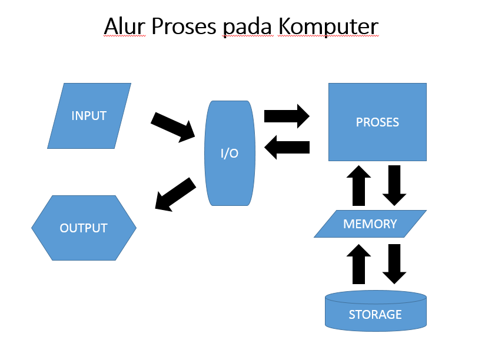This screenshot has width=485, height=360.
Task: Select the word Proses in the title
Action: (x=183, y=26)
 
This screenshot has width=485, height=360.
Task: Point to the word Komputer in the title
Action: (x=328, y=26)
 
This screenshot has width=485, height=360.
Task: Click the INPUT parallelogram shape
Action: (x=89, y=116)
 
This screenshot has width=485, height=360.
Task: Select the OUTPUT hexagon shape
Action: (x=84, y=228)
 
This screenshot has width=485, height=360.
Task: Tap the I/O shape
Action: (x=230, y=154)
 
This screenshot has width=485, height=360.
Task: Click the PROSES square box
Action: (x=377, y=122)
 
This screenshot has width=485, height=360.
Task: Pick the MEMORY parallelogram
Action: (x=370, y=224)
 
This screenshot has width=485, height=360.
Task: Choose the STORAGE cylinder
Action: (x=376, y=310)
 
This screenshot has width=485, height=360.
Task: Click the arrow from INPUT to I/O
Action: (x=173, y=126)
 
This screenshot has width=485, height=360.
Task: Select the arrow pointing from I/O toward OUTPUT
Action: (x=175, y=195)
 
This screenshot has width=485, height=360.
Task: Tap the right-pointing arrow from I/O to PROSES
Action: (x=287, y=116)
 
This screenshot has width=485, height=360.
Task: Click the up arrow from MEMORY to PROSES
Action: (x=359, y=185)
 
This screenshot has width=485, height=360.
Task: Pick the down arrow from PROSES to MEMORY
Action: (x=394, y=185)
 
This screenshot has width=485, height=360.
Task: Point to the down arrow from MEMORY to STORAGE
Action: (x=394, y=264)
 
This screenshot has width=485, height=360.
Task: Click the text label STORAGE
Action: (x=376, y=314)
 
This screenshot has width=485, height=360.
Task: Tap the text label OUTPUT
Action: (x=84, y=228)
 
